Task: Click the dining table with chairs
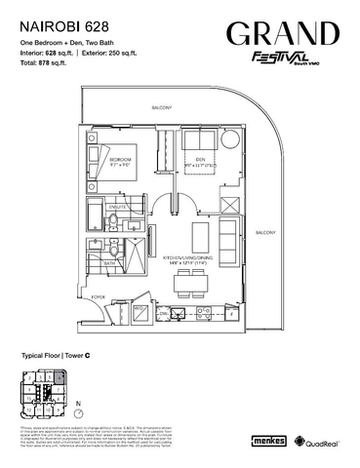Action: point(190,283)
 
